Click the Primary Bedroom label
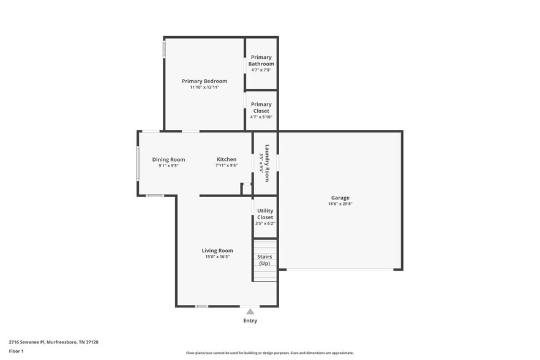click(x=204, y=81)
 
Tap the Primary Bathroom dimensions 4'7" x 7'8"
click(x=261, y=70)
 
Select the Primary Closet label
click(x=261, y=107)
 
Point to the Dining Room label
click(x=168, y=160)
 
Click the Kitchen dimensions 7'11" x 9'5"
click(x=226, y=165)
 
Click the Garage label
click(x=340, y=198)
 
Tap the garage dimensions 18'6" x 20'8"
click(x=340, y=204)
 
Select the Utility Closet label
click(x=265, y=214)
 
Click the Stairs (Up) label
click(x=264, y=260)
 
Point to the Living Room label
click(x=217, y=250)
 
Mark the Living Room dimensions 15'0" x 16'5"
click(x=217, y=257)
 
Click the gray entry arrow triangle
click(x=250, y=312)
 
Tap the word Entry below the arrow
click(x=250, y=321)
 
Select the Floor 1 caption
click(x=16, y=351)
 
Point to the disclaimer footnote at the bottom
click(x=269, y=353)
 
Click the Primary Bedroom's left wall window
click(x=163, y=49)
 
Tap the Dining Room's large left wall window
click(x=137, y=163)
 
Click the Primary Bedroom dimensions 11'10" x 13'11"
click(x=204, y=88)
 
